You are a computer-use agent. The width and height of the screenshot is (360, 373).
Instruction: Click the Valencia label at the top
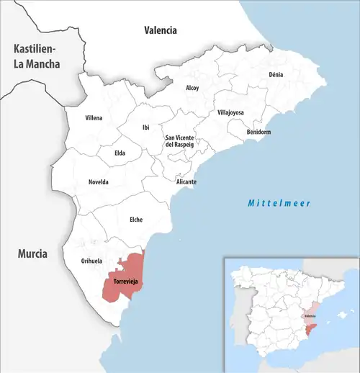pyautogui.click(x=160, y=30)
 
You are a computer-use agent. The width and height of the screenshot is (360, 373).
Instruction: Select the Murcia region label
pyautogui.click(x=33, y=253)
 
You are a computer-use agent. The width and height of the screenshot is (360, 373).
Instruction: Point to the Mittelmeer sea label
pyautogui.click(x=279, y=204)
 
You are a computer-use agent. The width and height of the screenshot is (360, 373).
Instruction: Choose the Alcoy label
pyautogui.click(x=192, y=88)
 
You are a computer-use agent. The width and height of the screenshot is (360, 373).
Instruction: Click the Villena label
pyautogui.click(x=94, y=117)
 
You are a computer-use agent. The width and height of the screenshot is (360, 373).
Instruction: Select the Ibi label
pyautogui.click(x=145, y=127)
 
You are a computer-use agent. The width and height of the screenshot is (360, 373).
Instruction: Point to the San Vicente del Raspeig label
pyautogui.click(x=181, y=141)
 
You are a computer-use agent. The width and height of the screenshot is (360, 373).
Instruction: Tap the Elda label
pyautogui.click(x=120, y=153)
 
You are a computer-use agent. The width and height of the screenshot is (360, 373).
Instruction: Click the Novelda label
pyautogui.click(x=98, y=181)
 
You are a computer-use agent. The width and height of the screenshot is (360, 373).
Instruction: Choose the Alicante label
pyautogui.click(x=186, y=181)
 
